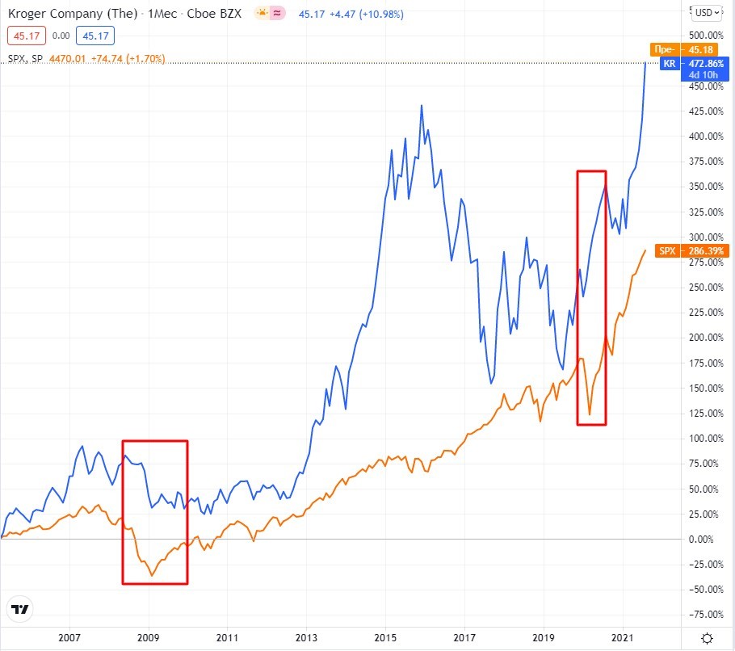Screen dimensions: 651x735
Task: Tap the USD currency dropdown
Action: (x=708, y=12)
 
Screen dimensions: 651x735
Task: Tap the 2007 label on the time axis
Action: (x=70, y=637)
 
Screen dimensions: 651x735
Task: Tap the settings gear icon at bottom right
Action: (x=707, y=638)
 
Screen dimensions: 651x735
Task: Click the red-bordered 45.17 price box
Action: (x=24, y=36)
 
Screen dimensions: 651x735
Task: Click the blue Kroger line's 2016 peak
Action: (x=422, y=106)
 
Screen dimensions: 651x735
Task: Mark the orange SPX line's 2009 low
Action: (x=152, y=576)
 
